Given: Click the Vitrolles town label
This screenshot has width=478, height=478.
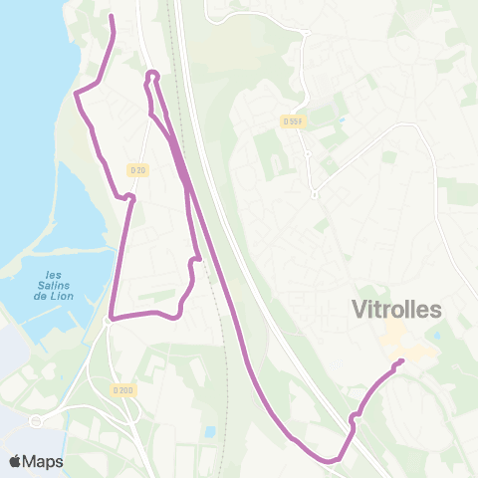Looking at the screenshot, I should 396,310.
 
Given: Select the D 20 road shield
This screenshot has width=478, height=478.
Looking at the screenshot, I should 138,170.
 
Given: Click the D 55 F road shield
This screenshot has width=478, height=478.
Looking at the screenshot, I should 291,121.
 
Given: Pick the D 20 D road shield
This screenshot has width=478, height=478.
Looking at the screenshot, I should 122,389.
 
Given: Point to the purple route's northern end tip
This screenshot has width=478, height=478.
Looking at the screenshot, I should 110,17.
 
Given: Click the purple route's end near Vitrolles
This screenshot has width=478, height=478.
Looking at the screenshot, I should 401,360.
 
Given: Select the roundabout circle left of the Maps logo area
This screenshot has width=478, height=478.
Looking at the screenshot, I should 37,421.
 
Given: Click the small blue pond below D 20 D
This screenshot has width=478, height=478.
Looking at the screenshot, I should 209,432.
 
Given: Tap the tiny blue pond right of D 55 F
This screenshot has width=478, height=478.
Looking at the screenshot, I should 342,120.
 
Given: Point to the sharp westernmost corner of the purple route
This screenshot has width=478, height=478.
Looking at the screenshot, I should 76,93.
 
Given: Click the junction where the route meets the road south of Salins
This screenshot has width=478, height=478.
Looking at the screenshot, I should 109,320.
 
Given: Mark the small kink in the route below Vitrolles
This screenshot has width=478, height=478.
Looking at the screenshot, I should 355,414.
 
